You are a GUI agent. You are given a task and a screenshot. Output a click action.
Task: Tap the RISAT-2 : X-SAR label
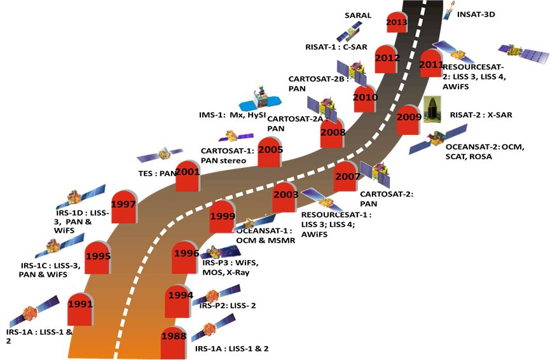point(481,115)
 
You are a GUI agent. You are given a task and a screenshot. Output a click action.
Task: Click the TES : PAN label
point(156,172)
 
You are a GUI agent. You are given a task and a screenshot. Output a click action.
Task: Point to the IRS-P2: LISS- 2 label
point(227,306)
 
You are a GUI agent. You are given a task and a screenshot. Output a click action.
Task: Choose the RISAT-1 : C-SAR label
point(338,46)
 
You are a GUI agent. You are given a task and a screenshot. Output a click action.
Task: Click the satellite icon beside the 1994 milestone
point(216,294)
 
